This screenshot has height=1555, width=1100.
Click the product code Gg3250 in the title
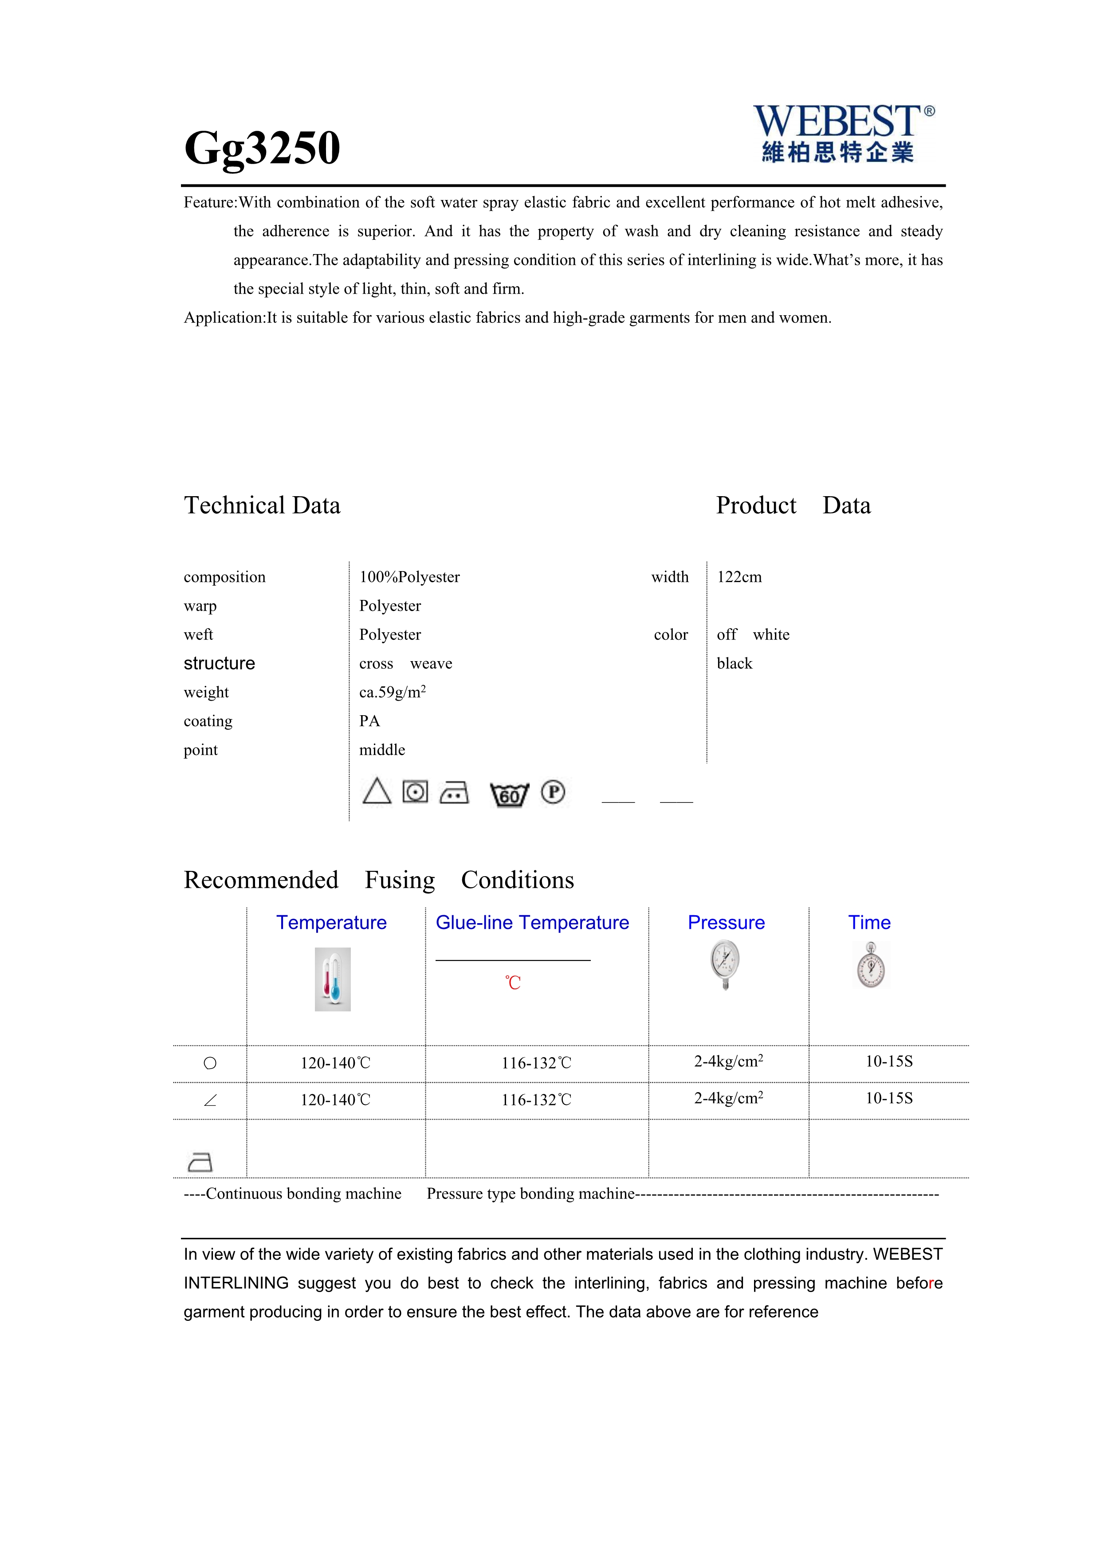coord(262,148)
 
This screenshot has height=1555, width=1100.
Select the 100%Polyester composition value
coord(409,577)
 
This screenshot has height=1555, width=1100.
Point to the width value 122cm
coord(739,577)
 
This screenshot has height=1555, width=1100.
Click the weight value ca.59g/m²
coord(392,692)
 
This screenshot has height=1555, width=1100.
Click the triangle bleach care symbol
coord(377,791)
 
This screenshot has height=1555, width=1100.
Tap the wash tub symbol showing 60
coord(509,794)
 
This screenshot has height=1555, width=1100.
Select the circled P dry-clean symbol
coord(553,792)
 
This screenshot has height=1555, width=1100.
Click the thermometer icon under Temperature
coord(333,979)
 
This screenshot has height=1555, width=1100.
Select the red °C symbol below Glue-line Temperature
coord(513,983)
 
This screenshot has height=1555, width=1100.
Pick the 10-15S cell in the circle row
coord(889,1061)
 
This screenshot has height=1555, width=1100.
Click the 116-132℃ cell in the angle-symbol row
coord(536,1100)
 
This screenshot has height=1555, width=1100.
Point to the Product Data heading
coord(793,505)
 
